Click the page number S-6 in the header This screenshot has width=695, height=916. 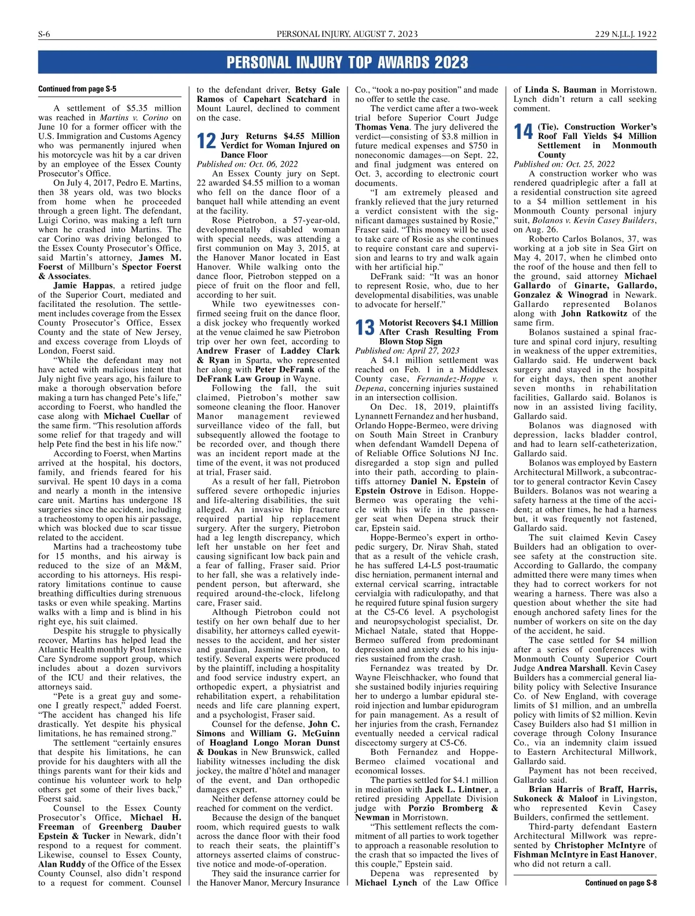tap(44, 34)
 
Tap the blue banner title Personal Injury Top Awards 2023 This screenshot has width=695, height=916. tap(347, 63)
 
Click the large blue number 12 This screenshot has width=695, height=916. tap(206, 141)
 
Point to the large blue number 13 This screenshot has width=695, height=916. tap(365, 328)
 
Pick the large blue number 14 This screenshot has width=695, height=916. tap(524, 132)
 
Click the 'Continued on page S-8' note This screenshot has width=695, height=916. tap(620, 883)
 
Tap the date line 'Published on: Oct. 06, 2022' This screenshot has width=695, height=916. tap(247, 164)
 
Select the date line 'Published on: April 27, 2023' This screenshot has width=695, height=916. tap(407, 350)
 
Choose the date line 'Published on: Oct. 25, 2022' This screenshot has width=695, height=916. tap(564, 164)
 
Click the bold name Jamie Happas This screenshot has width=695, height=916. tap(82, 285)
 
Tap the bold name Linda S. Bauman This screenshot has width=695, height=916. tap(561, 90)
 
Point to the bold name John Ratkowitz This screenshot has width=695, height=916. tap(594, 313)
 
